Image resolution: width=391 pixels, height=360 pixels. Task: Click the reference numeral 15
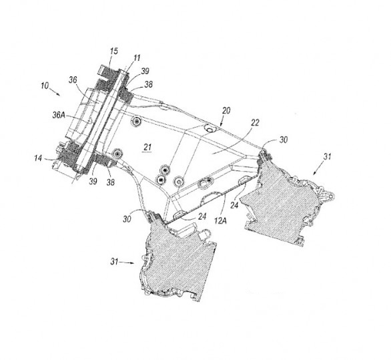coord(113,51)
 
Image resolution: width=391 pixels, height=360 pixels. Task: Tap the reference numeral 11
coord(137,58)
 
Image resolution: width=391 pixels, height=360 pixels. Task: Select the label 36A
coord(59,115)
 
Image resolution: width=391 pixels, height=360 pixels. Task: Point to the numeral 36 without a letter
coord(73,80)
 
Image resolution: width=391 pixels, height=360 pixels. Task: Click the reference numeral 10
coord(45,85)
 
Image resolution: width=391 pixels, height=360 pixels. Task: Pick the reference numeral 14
coord(38,158)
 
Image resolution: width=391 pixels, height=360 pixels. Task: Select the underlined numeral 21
coord(147,147)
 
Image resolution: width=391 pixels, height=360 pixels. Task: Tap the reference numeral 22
coord(255,123)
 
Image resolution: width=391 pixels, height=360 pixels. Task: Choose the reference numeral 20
coord(226,111)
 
